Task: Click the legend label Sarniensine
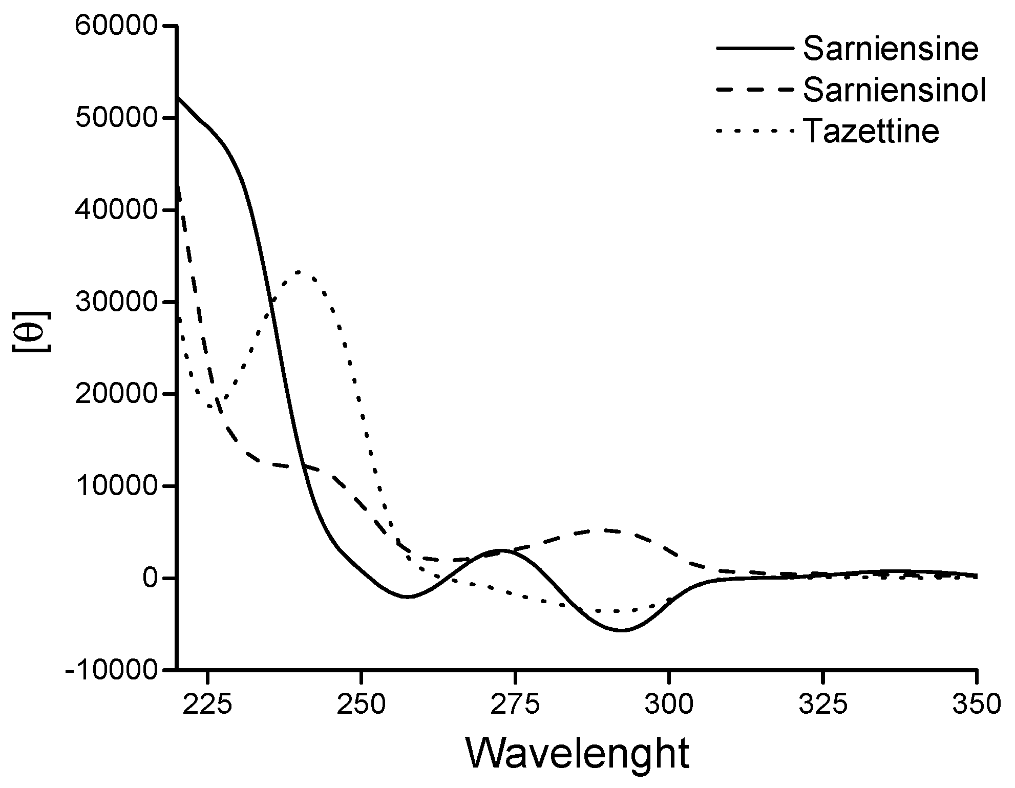[x=891, y=50]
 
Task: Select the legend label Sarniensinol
[x=895, y=91]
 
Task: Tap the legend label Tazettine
[x=872, y=132]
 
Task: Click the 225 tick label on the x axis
[x=207, y=705]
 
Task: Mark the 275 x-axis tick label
[x=515, y=705]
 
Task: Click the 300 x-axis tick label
[x=668, y=705]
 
